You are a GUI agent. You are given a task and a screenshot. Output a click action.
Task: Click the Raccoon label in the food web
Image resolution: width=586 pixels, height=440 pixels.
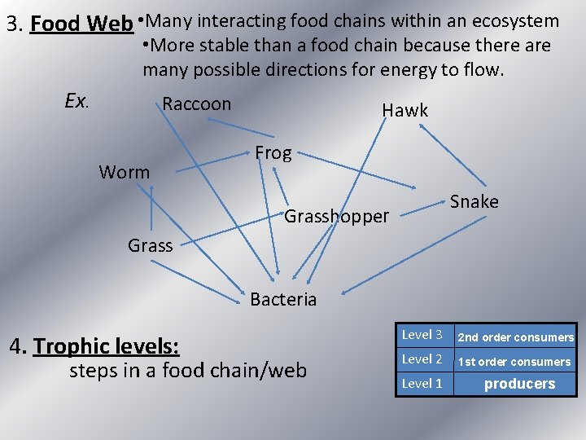click(x=197, y=104)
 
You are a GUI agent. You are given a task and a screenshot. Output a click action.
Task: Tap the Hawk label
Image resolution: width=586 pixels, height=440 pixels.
click(x=405, y=111)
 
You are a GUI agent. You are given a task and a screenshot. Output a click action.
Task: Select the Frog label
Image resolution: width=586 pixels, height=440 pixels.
click(x=273, y=153)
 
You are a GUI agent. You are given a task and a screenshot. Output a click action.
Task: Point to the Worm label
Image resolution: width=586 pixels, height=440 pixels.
click(x=125, y=172)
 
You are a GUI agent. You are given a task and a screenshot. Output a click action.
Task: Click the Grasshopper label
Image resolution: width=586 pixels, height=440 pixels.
click(x=337, y=217)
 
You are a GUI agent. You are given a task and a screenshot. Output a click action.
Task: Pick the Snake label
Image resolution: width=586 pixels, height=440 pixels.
click(x=474, y=201)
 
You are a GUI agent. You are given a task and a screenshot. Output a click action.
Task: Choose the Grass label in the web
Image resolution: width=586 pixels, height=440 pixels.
click(x=151, y=245)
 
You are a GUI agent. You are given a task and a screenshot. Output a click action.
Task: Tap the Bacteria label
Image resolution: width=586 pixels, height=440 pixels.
click(x=283, y=299)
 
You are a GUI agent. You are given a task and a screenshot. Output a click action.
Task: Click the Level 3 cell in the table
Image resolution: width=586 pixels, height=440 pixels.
click(x=422, y=335)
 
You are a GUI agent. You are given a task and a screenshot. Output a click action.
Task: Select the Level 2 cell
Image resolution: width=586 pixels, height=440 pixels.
click(x=422, y=359)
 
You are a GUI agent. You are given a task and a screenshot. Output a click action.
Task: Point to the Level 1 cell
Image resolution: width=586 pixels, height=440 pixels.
click(x=422, y=383)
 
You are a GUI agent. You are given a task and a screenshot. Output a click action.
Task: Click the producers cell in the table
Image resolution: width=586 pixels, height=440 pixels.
click(x=519, y=384)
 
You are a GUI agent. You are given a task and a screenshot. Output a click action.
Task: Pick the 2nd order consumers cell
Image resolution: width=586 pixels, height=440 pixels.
click(x=515, y=337)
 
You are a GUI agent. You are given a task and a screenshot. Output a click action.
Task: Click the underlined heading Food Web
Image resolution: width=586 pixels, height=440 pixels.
click(x=81, y=24)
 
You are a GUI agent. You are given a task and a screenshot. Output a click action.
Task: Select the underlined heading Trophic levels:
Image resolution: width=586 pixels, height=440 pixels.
click(x=106, y=346)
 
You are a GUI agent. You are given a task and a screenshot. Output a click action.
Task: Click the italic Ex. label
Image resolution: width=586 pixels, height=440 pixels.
click(x=77, y=101)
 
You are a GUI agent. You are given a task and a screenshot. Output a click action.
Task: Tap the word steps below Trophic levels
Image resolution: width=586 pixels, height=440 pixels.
click(x=92, y=371)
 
